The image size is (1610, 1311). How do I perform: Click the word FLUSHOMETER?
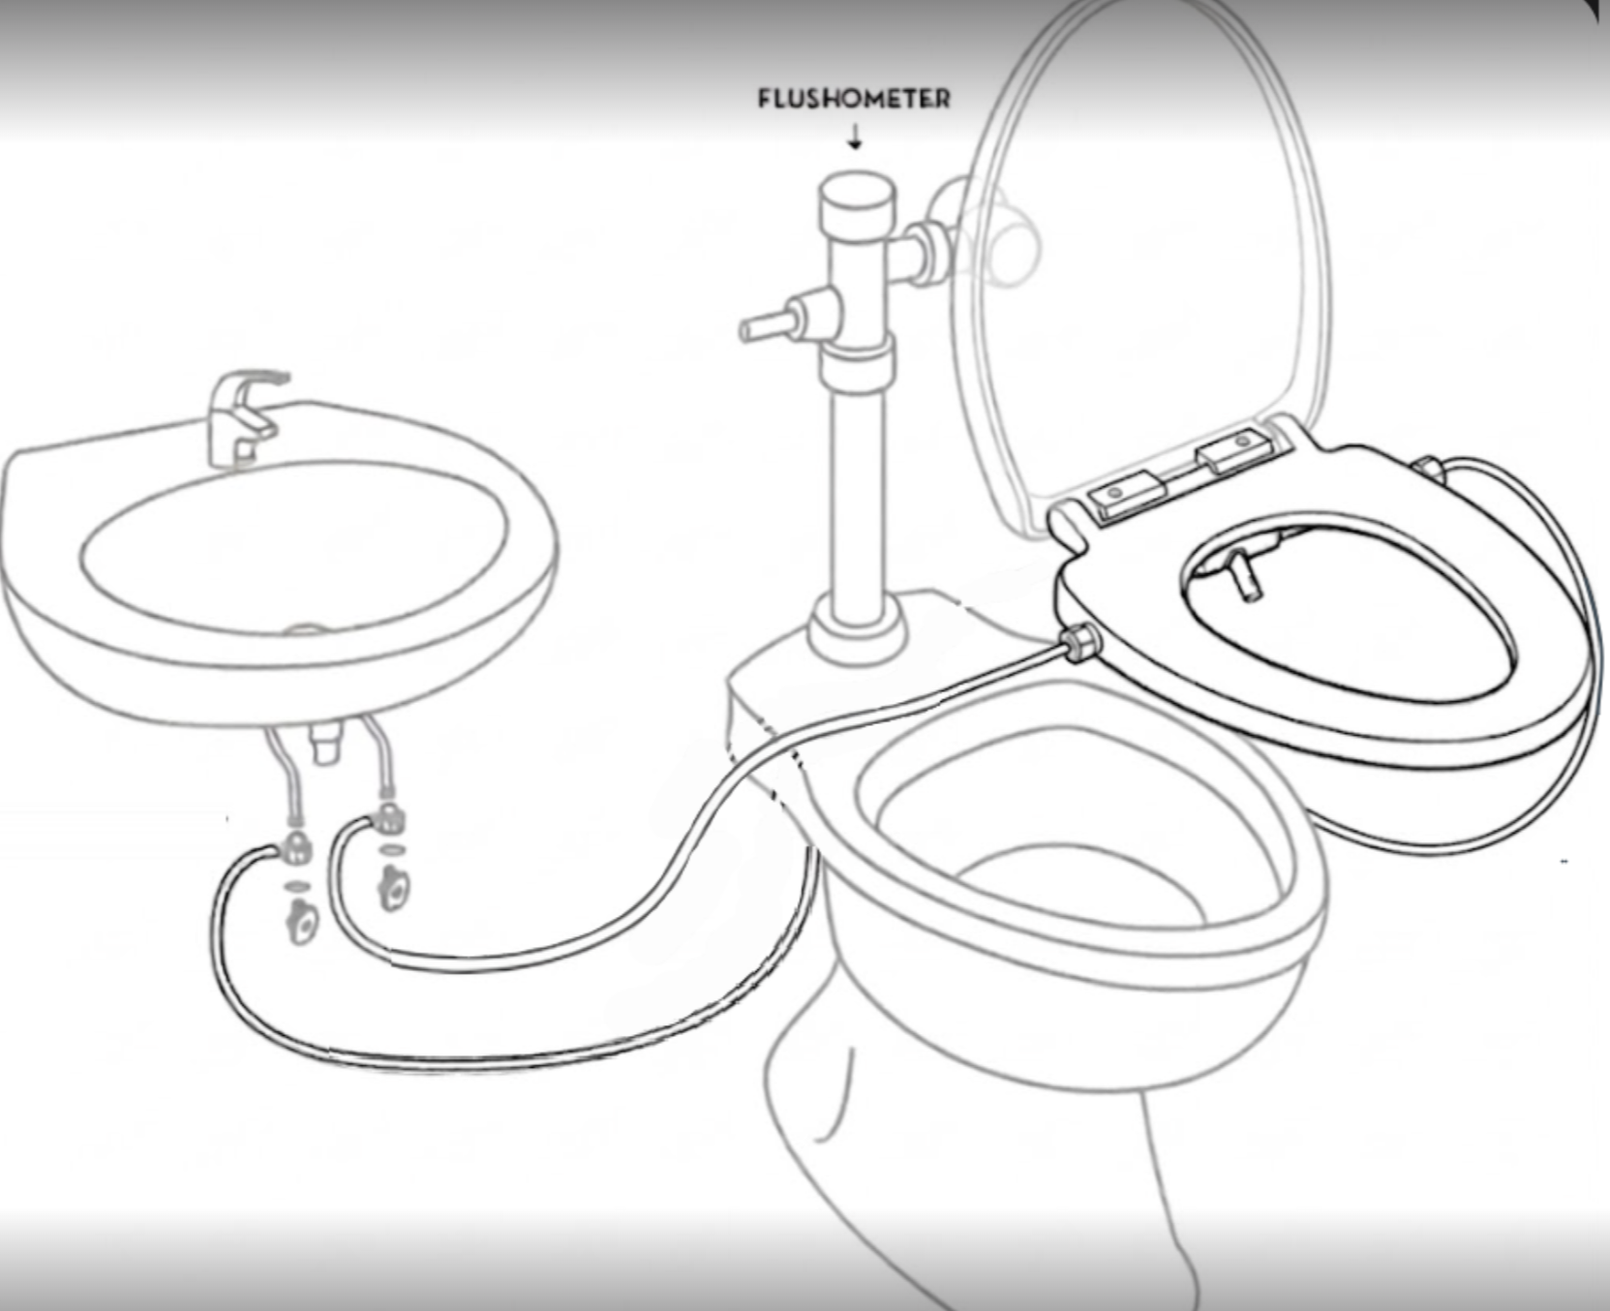853,99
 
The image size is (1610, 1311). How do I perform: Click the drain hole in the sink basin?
305,630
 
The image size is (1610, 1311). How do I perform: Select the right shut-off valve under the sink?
393,887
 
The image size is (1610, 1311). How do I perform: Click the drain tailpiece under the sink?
326,742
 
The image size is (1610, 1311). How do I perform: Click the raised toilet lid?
1142,261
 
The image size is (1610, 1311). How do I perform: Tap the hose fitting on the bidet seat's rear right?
1428,470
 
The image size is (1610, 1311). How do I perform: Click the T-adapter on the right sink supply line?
388,818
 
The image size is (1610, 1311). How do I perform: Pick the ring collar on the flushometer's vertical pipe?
856,365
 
